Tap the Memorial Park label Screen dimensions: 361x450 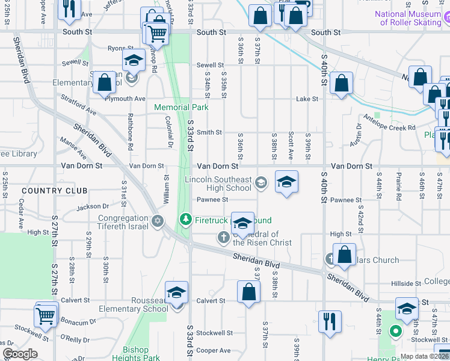point(181,107)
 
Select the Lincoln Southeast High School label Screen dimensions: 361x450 point(218,184)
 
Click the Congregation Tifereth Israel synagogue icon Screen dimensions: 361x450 point(158,221)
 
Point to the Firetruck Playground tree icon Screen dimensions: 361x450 point(186,220)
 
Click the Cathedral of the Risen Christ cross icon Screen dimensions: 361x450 point(223,238)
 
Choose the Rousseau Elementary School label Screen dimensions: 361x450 point(140,304)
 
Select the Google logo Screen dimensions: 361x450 point(20,354)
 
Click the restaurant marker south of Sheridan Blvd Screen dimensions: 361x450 point(330,321)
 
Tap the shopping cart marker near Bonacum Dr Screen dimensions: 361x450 point(46,314)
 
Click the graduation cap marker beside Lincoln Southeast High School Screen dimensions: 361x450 point(287,182)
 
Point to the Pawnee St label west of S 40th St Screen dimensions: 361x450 point(213,200)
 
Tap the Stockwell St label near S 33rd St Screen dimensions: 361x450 point(214,333)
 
